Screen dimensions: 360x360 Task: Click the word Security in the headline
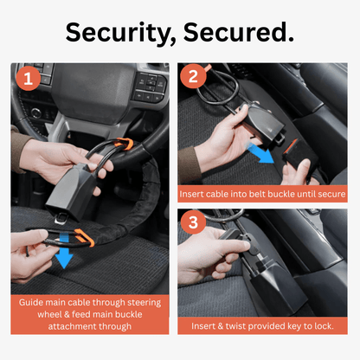point(122,33)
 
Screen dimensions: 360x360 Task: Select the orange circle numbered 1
point(29,80)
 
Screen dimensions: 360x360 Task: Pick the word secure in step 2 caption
point(331,196)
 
